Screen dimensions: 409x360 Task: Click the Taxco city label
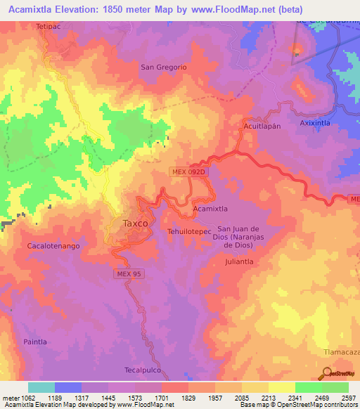135,223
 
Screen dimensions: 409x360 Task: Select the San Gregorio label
163,67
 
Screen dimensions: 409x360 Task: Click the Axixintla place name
315,122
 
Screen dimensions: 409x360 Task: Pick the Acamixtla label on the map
210,209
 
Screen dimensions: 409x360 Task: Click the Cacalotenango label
53,247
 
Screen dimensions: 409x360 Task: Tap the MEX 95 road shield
129,273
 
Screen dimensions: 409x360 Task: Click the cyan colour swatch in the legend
41,387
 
